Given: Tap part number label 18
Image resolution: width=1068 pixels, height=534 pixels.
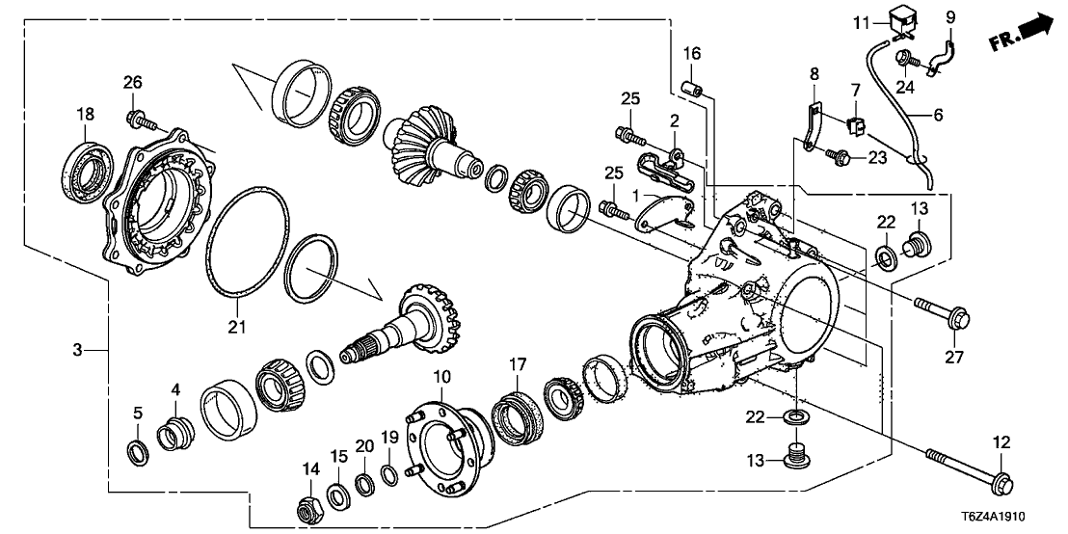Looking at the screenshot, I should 87,115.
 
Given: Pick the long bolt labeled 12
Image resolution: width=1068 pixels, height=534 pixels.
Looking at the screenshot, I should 965,466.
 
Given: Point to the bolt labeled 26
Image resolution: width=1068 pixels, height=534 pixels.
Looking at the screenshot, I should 137,120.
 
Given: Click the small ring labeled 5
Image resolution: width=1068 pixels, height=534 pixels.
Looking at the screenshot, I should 139,452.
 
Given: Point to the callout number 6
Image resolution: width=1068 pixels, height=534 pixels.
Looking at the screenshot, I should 938,115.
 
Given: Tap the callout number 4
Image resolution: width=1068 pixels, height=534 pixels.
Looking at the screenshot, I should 176,389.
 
